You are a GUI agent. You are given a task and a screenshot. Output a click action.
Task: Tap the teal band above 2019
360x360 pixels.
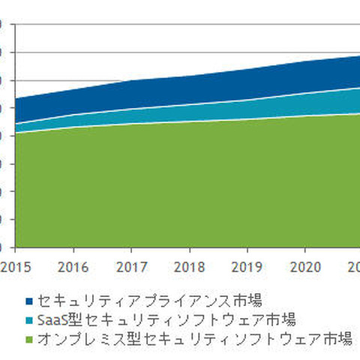tap(247, 109)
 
